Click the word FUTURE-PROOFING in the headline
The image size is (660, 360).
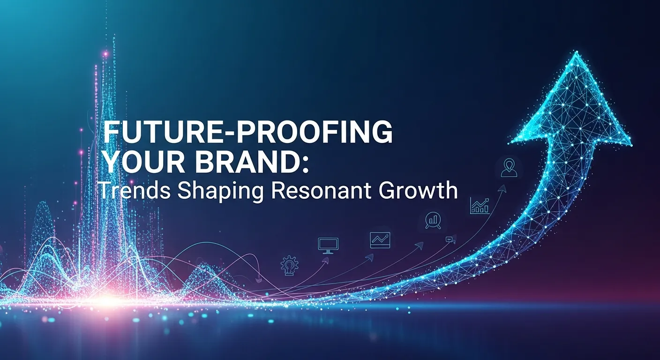coord(247,132)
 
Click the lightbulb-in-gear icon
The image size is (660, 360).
coord(290,265)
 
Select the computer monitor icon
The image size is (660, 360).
coord(328,245)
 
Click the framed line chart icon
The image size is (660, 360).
coord(380,240)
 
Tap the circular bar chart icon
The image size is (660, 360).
coord(433,220)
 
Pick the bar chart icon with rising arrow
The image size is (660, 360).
coord(480,205)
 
